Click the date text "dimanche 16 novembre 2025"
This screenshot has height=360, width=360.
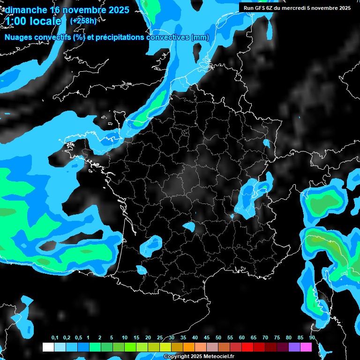coord(67,10)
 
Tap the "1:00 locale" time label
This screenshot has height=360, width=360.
coord(34,22)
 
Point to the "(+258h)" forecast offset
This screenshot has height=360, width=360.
coord(83,21)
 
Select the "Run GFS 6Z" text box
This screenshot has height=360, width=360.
coord(297,7)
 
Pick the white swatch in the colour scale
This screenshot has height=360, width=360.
coord(48,347)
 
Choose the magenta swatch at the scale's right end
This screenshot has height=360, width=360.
coord(306,347)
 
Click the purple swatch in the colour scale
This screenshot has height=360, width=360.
coord(294,347)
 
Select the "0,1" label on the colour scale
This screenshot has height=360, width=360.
coord(55,338)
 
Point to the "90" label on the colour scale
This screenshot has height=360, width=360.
coord(312,338)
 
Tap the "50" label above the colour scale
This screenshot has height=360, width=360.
coord(218,338)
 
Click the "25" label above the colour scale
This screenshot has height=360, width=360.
coord(160,338)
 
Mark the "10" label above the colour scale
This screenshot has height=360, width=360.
coord(125,338)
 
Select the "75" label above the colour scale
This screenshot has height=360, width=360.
coord(277,338)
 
